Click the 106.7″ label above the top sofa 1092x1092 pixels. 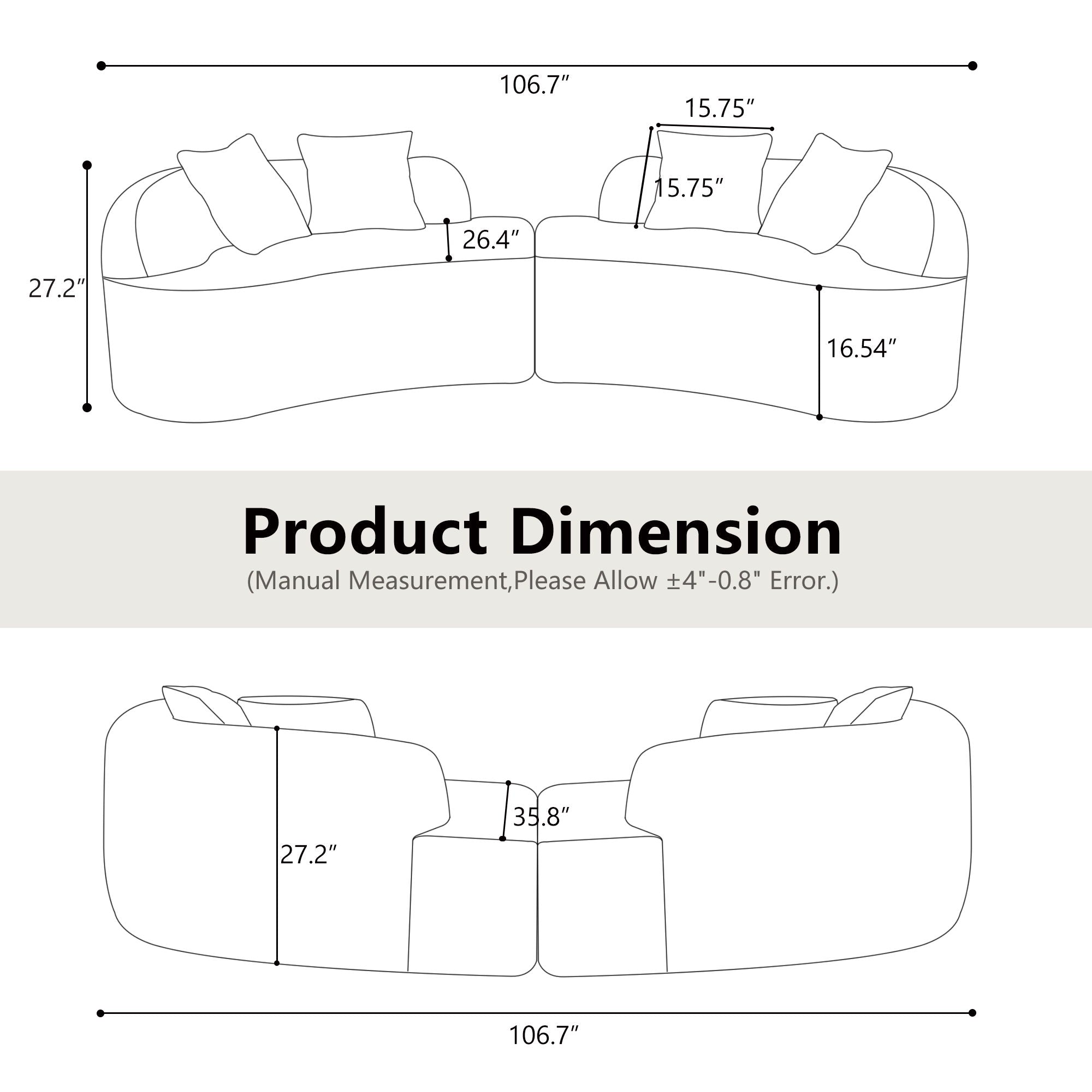(533, 85)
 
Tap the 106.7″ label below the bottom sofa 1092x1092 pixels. (544, 1035)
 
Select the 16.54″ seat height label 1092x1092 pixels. (861, 349)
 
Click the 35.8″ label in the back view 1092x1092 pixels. (541, 817)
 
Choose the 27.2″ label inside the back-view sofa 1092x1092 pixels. (308, 854)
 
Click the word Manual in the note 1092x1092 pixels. (299, 580)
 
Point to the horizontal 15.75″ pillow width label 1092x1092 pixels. (719, 108)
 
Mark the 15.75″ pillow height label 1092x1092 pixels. (689, 188)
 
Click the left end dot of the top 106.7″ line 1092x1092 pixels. (101, 66)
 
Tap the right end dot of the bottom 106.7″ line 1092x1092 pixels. (972, 1013)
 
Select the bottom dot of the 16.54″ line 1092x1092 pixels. (819, 417)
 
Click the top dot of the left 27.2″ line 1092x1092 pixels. (87, 165)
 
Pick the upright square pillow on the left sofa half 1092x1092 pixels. (360, 181)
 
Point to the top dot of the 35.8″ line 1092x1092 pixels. (508, 783)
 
